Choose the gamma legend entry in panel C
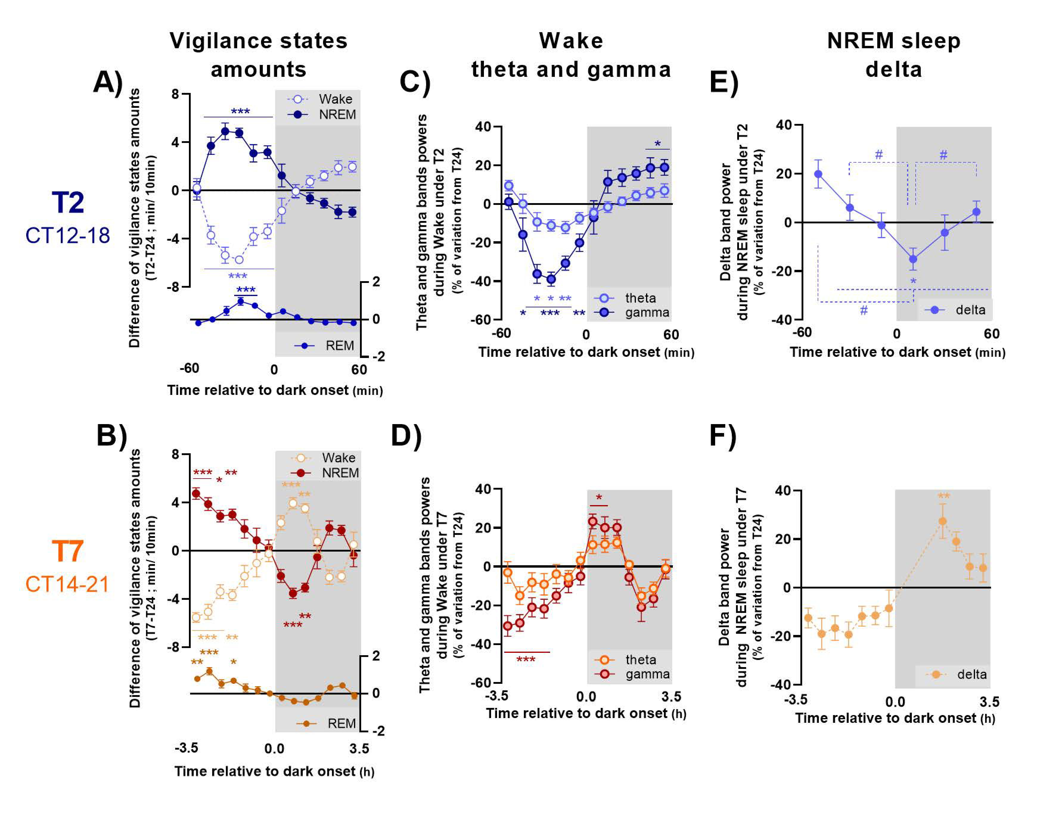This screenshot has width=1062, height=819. (x=647, y=312)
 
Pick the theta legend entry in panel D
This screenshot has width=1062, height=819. (x=640, y=660)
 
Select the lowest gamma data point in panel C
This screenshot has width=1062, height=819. (x=551, y=279)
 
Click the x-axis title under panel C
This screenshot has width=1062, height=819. (x=586, y=352)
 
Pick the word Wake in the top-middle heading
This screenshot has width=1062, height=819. (x=571, y=41)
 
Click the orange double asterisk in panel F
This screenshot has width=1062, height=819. (x=943, y=496)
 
